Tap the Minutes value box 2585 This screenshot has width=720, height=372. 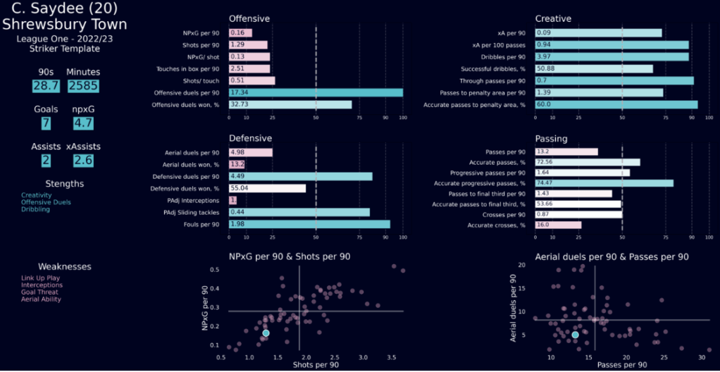pos(83,86)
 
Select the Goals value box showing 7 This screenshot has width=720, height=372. pos(45,123)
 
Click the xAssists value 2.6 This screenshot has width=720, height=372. pos(83,161)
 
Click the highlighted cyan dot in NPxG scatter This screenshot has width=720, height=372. pos(266,333)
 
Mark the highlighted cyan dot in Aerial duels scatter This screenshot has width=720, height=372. pos(575,335)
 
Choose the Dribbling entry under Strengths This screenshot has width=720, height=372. pos(35,209)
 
